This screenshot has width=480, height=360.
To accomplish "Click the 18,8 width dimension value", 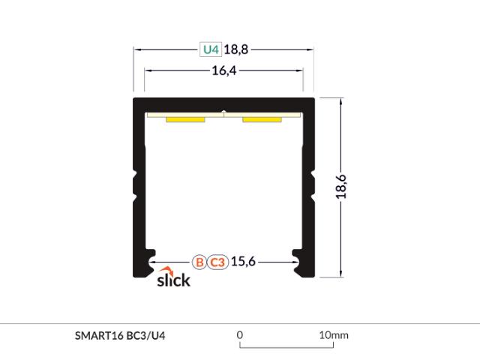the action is (x=236, y=49).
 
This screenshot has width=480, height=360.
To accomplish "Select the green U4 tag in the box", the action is (x=211, y=49).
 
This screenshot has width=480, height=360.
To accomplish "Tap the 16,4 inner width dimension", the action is (x=224, y=70).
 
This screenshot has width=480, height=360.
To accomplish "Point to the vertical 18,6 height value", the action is (x=341, y=187).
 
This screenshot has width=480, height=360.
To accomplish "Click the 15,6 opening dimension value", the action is (x=243, y=262).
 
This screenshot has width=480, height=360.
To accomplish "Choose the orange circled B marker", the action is (x=199, y=262).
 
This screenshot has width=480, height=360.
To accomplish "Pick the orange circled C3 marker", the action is (x=217, y=262).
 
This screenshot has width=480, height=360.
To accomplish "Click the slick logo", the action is (x=173, y=277).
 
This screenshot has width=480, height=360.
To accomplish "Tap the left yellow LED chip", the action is (x=185, y=120).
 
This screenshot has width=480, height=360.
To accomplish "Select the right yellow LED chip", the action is (x=262, y=120).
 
